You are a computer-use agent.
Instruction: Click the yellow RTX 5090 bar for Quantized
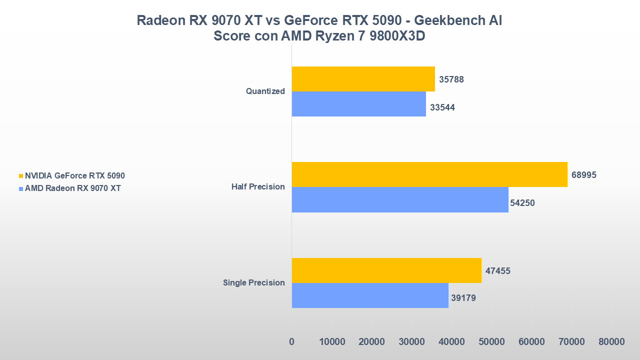363,79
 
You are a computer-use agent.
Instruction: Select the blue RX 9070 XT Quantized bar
358,104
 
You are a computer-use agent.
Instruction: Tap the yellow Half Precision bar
429,174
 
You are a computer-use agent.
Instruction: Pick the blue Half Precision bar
399,199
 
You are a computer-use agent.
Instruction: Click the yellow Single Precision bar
386,270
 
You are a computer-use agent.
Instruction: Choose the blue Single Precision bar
369,295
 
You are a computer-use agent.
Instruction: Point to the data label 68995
584,175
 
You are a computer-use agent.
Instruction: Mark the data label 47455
498,271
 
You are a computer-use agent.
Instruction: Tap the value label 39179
463,298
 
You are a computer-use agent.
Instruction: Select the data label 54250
522,203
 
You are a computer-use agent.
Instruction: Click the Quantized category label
265,91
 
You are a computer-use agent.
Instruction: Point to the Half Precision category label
258,187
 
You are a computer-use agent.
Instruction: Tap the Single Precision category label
253,283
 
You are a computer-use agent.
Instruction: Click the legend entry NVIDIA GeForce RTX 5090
75,176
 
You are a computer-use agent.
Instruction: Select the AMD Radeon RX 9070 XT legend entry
72,188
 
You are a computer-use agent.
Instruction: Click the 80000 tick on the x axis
611,342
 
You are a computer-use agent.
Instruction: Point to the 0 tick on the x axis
292,342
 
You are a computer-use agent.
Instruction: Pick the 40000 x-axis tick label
451,342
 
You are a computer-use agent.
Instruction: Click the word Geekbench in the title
447,20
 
